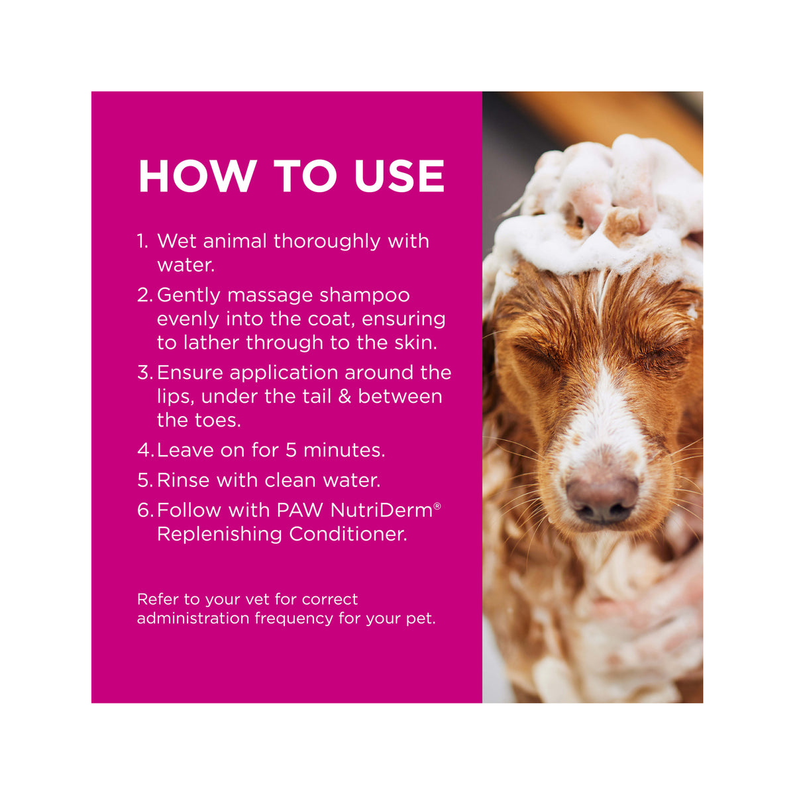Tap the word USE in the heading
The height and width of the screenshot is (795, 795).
(399, 176)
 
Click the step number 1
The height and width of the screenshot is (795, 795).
(142, 241)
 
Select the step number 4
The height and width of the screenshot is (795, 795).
(145, 450)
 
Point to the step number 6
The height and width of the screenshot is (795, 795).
(145, 510)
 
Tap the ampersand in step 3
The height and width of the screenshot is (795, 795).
(344, 396)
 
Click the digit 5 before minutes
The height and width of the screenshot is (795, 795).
(291, 450)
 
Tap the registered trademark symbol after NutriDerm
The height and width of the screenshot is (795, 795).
(437, 505)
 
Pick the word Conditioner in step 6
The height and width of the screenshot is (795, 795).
(348, 534)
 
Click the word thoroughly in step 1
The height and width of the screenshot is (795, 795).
(327, 242)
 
